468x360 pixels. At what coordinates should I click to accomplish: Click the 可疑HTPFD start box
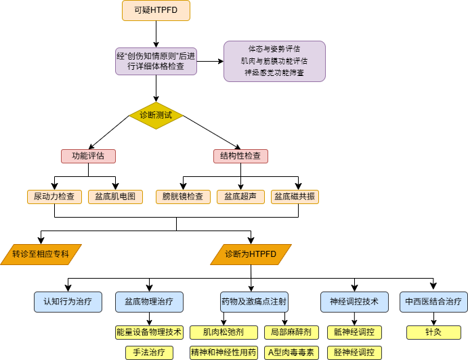(156, 10)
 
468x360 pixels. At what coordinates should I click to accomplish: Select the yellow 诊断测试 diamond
(156, 116)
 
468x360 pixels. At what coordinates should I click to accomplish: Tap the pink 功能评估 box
(88, 156)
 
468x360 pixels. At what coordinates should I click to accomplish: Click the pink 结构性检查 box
(240, 156)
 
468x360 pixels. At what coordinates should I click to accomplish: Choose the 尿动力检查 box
(54, 197)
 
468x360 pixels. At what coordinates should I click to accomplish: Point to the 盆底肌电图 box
(115, 197)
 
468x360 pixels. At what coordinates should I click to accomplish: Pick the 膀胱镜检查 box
(183, 197)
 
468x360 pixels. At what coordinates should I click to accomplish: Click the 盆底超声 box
(240, 197)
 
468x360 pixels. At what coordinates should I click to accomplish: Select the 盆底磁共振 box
(295, 197)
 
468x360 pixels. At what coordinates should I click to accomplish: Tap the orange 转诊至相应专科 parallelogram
(41, 254)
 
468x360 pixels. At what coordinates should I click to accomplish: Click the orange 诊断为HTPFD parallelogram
(251, 254)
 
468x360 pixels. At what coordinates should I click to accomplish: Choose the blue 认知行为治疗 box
(68, 302)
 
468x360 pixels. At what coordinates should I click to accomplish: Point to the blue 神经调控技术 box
(354, 302)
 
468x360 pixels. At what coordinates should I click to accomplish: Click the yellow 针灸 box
(433, 332)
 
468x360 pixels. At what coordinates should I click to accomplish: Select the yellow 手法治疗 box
(149, 353)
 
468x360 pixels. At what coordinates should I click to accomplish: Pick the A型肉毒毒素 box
(291, 353)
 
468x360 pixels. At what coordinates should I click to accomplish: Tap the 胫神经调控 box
(354, 353)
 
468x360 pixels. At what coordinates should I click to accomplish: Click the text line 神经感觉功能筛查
(274, 73)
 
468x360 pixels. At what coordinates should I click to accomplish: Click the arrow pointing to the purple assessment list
(210, 61)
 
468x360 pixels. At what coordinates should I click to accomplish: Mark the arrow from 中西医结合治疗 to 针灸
(433, 319)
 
